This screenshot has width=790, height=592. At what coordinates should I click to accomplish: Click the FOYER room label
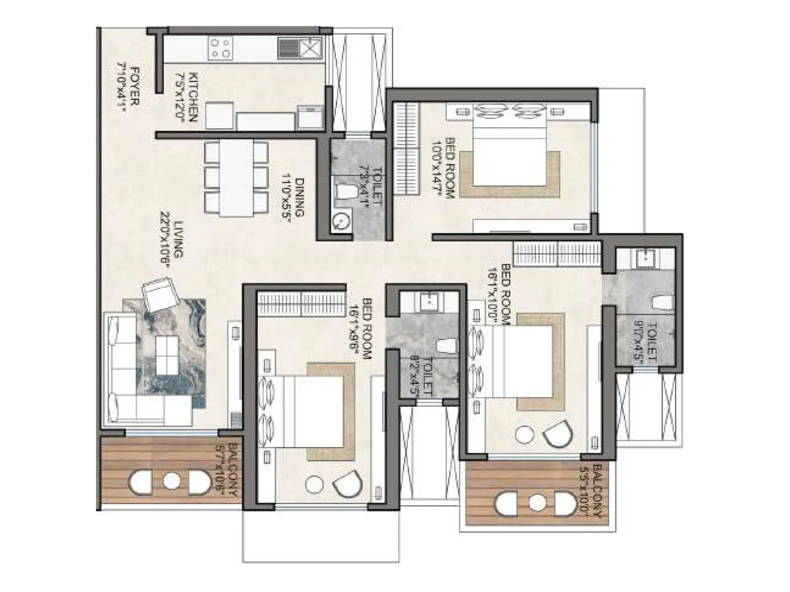pyautogui.click(x=127, y=88)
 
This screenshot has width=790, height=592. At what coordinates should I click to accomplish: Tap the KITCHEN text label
pyautogui.click(x=187, y=97)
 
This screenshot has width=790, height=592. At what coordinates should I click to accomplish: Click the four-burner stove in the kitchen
pyautogui.click(x=220, y=48)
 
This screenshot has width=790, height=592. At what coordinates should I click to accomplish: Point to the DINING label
pyautogui.click(x=293, y=197)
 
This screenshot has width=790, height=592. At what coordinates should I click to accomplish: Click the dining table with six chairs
pyautogui.click(x=236, y=179)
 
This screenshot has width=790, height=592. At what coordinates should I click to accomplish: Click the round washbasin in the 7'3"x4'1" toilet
pyautogui.click(x=341, y=221)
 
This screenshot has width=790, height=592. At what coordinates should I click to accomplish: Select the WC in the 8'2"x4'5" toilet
pyautogui.click(x=446, y=345)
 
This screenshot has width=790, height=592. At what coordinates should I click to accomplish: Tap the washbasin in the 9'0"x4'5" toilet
pyautogui.click(x=645, y=257)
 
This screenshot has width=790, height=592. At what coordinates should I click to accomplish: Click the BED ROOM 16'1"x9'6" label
pyautogui.click(x=366, y=328)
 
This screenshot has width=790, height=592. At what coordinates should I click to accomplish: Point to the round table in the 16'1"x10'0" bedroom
pyautogui.click(x=524, y=435)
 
